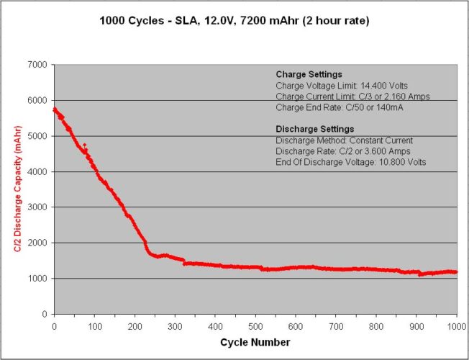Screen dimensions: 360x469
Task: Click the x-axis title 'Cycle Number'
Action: pos(255,341)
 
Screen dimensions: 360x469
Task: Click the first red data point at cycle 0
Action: pos(55,109)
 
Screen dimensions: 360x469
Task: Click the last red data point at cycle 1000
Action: pos(456,272)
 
